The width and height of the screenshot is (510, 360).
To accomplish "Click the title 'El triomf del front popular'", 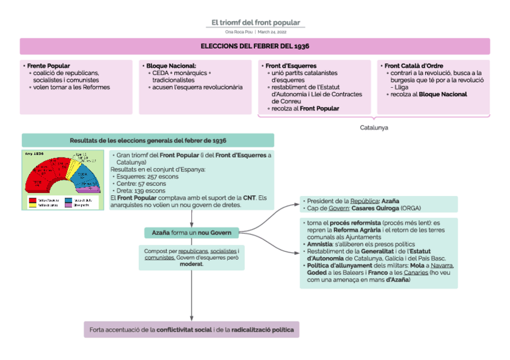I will click(x=255, y=23).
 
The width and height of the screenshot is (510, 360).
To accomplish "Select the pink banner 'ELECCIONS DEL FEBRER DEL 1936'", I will click(x=255, y=46).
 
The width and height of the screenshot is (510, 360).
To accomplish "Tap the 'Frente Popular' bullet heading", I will click(x=49, y=66).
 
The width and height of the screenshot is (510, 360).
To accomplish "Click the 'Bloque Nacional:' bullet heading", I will click(x=171, y=66).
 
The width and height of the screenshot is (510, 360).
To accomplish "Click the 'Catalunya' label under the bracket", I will click(x=374, y=127).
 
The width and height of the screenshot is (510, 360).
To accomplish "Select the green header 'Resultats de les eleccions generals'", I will click(x=148, y=140).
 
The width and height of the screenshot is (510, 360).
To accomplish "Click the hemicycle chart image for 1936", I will click(x=62, y=179).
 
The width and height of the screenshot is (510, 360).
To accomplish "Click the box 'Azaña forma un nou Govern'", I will click(x=192, y=232).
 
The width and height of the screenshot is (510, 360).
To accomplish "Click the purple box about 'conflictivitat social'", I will click(x=191, y=330).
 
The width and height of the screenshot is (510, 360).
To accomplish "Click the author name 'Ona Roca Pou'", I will click(x=239, y=32).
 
